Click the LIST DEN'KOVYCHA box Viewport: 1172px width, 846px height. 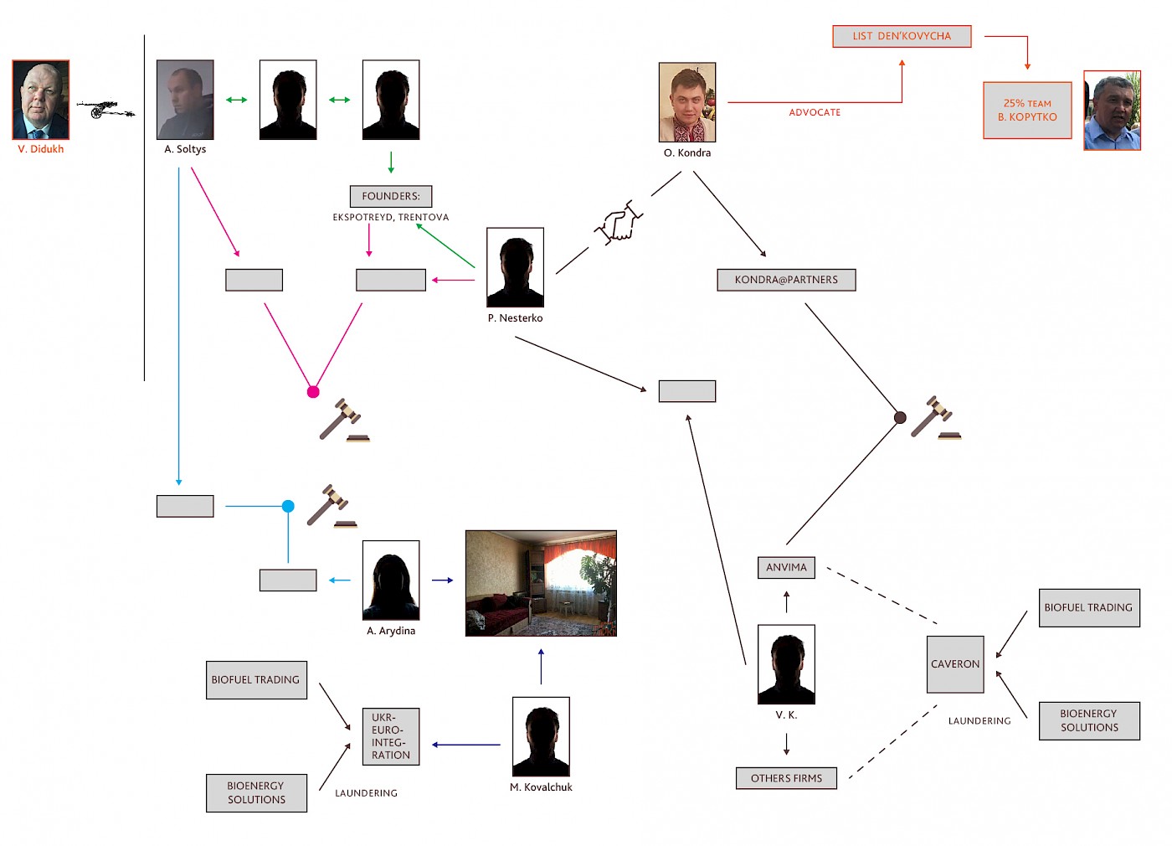click(902, 36)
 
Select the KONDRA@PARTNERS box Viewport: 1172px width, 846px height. click(786, 280)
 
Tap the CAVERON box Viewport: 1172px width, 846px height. click(955, 663)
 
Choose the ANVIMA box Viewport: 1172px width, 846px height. click(786, 568)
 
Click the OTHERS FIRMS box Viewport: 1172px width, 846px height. click(786, 778)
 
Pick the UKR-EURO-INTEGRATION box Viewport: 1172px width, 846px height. click(391, 736)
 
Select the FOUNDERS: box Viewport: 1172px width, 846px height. click(391, 196)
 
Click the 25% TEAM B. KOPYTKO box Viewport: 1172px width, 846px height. click(1027, 110)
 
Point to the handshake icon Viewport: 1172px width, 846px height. click(618, 223)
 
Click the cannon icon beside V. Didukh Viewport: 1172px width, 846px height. click(106, 108)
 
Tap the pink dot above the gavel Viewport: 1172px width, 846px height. click(313, 392)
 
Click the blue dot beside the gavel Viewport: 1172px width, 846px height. click(288, 506)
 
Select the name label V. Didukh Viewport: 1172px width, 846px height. click(41, 149)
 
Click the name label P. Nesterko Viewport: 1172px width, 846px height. click(516, 317)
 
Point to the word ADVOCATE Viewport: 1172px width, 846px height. click(815, 112)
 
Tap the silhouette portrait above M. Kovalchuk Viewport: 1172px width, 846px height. click(541, 736)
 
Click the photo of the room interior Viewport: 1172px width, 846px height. click(541, 583)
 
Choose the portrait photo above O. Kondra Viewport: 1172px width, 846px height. click(687, 102)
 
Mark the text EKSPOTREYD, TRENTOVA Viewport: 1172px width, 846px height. click(391, 217)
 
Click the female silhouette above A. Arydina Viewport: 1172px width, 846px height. click(391, 580)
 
